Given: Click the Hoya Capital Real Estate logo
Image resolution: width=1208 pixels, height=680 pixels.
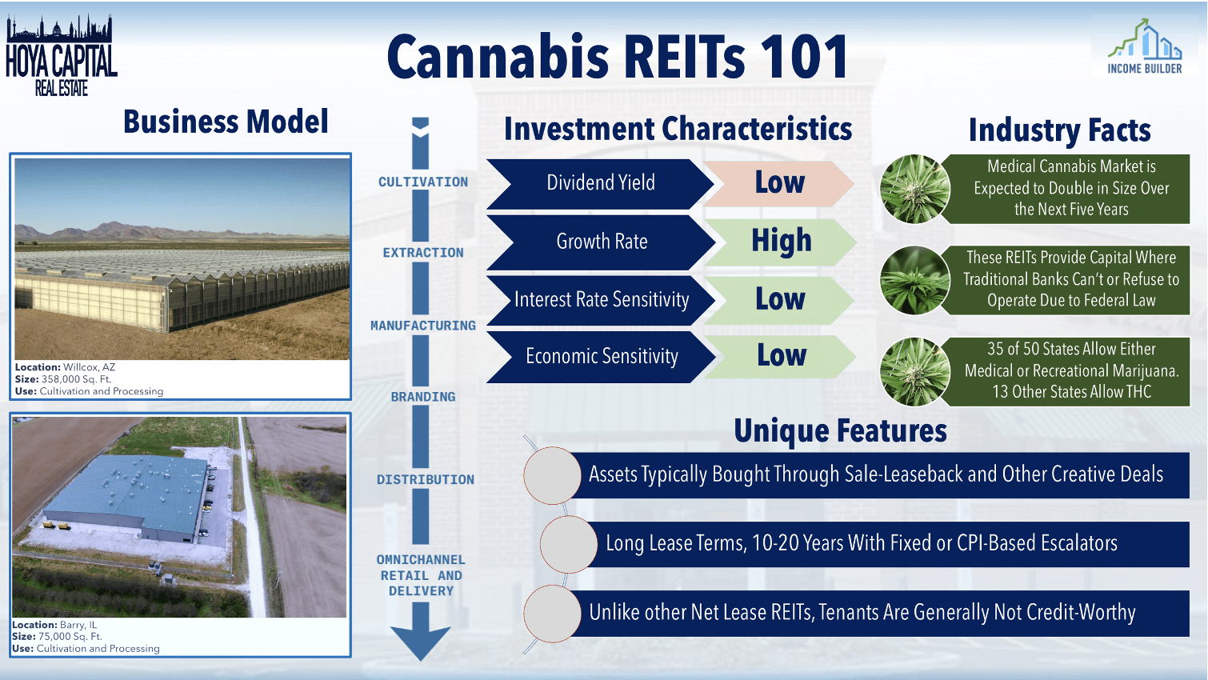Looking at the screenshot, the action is coord(61,55).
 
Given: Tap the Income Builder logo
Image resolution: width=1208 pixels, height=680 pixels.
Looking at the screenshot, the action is coord(1144,46).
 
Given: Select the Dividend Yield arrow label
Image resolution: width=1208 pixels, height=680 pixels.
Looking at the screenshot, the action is coord(601,183).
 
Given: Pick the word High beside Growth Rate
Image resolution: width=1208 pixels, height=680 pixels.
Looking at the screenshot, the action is coord(782,241).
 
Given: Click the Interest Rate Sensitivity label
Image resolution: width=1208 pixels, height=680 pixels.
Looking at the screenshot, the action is coord(602,299).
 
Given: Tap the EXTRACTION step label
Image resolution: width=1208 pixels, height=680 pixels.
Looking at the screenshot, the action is coord(423,252).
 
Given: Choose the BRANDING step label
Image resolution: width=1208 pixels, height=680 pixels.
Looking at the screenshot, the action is coord(423,397).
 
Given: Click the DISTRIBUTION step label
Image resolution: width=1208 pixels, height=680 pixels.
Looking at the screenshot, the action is coord(426,479).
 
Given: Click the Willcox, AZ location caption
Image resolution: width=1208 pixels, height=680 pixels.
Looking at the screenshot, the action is coord(66,366).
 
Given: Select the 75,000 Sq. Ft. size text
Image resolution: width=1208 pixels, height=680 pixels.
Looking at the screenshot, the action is coord(70,636).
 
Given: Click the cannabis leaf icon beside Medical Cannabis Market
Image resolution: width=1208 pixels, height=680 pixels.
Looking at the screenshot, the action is coord(914,189).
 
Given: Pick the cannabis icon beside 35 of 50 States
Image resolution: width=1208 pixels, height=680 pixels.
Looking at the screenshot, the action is coord(914,371).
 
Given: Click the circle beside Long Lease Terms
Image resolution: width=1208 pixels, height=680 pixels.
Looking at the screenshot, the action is coord(569,544).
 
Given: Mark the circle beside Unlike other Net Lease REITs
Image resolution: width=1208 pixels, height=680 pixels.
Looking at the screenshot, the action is coord(552,614).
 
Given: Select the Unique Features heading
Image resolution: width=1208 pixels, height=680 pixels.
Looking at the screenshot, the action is coord(840,430).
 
